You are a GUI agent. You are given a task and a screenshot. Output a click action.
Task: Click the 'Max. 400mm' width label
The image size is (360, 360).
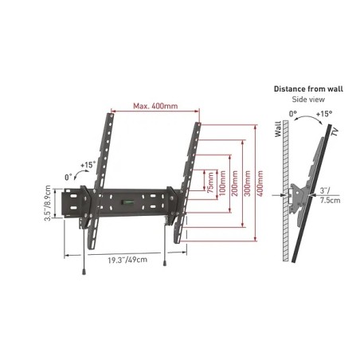click(x=155, y=106)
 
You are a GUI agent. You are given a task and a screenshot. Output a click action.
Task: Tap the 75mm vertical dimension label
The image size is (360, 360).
click(x=210, y=182)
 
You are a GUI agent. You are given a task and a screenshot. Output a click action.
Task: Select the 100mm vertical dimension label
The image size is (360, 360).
click(x=222, y=183)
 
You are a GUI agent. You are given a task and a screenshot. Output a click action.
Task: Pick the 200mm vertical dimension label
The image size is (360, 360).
click(x=235, y=183)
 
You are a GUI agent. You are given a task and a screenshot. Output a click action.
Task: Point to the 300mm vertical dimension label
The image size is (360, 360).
click(x=247, y=183)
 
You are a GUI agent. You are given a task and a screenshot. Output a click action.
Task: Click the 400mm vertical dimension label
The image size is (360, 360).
click(x=260, y=183)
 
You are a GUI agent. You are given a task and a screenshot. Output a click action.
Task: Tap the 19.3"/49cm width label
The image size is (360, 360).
click(x=127, y=260)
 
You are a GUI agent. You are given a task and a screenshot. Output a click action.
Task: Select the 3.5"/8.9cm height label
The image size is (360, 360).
click(x=48, y=203)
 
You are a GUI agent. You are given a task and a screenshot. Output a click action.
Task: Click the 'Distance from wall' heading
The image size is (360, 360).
click(x=308, y=88)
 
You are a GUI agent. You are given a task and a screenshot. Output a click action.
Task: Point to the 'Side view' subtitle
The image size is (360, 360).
click(x=308, y=100)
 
